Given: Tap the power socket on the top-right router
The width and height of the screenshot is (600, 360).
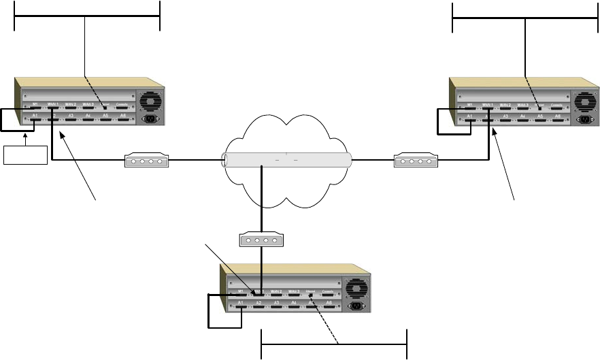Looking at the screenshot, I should click(x=584, y=120).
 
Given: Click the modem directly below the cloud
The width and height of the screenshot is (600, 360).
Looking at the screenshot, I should click(x=261, y=240).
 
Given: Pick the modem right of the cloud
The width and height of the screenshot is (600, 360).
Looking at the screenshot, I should click(x=416, y=162).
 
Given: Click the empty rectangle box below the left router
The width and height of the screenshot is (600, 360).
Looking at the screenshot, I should click(x=26, y=154).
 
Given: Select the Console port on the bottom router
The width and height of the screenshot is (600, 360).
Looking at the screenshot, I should click(x=328, y=294).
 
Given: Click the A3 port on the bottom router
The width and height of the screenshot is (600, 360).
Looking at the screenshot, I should click(x=276, y=305).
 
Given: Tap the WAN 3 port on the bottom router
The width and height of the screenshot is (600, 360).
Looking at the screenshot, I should click(x=295, y=294).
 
